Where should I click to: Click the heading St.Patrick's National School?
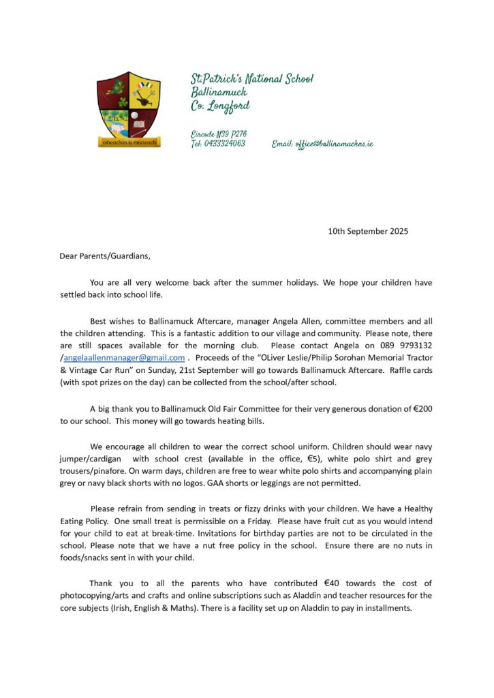(x=252, y=79)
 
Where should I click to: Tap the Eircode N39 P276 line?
(x=219, y=134)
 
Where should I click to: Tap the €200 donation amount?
(x=422, y=409)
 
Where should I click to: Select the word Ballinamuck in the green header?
(x=219, y=92)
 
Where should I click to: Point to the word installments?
(x=386, y=607)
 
